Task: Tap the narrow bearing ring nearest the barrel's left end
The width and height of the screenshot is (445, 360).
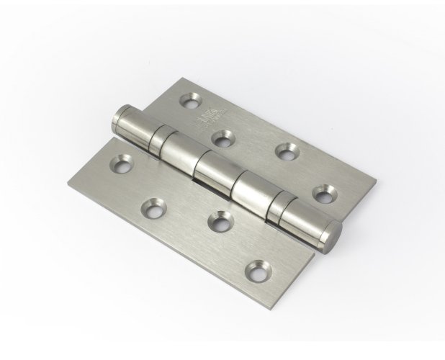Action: tap(158, 135)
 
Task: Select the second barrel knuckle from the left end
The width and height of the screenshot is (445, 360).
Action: tap(177, 151)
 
